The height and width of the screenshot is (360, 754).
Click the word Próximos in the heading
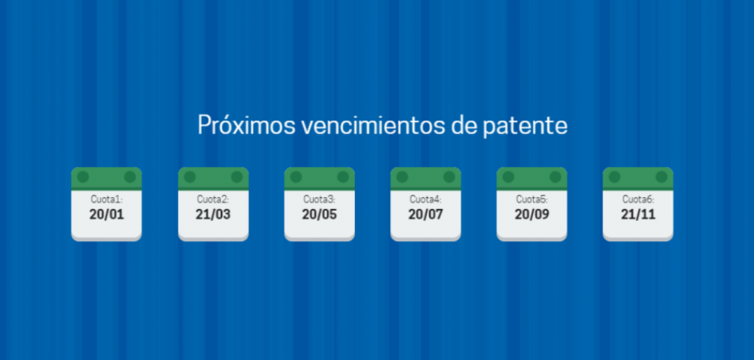click(x=247, y=125)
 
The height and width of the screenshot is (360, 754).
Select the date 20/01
click(x=107, y=215)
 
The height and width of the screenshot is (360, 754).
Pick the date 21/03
click(x=213, y=215)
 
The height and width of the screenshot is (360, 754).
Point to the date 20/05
click(x=319, y=215)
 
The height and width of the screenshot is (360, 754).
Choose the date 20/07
click(x=425, y=215)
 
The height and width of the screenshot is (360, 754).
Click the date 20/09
click(x=532, y=215)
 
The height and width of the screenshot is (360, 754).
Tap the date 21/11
click(x=638, y=215)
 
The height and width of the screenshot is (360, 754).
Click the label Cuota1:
click(x=107, y=200)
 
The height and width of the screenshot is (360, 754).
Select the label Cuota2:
click(x=213, y=200)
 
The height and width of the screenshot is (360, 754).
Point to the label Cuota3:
click(x=319, y=200)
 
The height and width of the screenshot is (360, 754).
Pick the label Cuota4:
click(x=425, y=200)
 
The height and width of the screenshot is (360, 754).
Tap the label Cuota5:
click(x=532, y=200)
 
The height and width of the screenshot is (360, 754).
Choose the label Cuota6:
click(x=638, y=200)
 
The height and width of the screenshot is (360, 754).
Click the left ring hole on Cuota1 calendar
click(x=83, y=177)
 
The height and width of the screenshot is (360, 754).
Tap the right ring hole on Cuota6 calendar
click(x=661, y=177)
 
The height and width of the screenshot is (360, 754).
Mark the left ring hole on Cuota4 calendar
click(x=402, y=177)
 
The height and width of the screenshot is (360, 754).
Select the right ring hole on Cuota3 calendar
click(x=343, y=177)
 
